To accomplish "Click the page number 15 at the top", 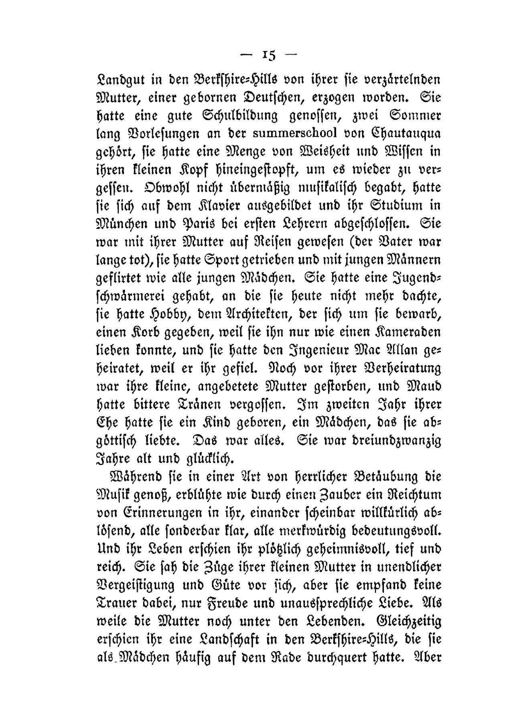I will point(268,55).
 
